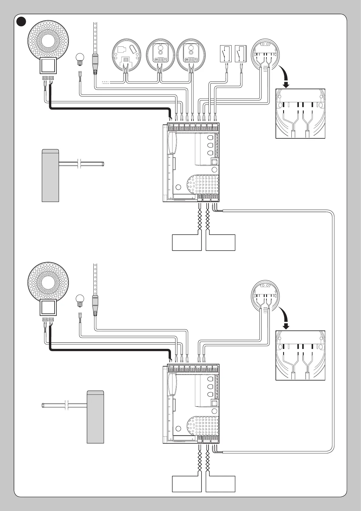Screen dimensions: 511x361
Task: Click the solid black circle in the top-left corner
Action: coord(21,21)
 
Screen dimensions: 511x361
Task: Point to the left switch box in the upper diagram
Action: coord(226,54)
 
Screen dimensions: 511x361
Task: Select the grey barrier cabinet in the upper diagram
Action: coord(50,175)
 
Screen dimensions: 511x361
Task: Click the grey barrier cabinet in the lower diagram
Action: coord(95,417)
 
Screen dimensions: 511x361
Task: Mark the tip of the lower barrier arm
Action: coord(43,405)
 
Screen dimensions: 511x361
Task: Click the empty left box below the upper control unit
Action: coord(187,242)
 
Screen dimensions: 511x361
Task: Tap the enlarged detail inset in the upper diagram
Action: coord(300,114)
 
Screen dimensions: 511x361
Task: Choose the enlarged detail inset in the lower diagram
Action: coord(300,355)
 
